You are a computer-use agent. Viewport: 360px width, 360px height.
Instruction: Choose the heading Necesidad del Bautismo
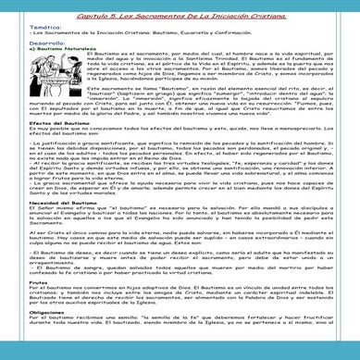click(43, 226)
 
